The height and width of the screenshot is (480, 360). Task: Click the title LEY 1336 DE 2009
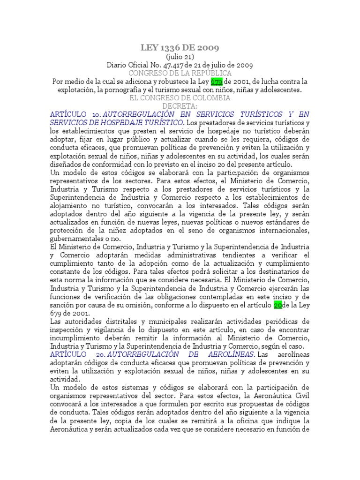[x=180, y=48]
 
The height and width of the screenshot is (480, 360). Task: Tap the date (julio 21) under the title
[x=180, y=57]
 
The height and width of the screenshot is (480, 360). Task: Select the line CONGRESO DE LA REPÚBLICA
[x=180, y=73]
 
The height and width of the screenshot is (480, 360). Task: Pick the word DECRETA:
[x=180, y=106]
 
